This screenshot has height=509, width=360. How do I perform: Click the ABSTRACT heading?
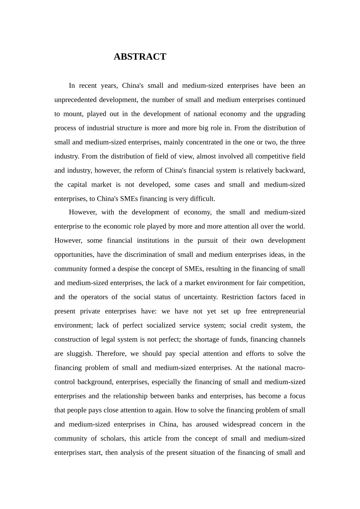tap(140, 57)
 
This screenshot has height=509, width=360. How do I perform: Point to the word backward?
tap(290, 170)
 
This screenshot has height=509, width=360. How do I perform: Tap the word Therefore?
tap(111, 354)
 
